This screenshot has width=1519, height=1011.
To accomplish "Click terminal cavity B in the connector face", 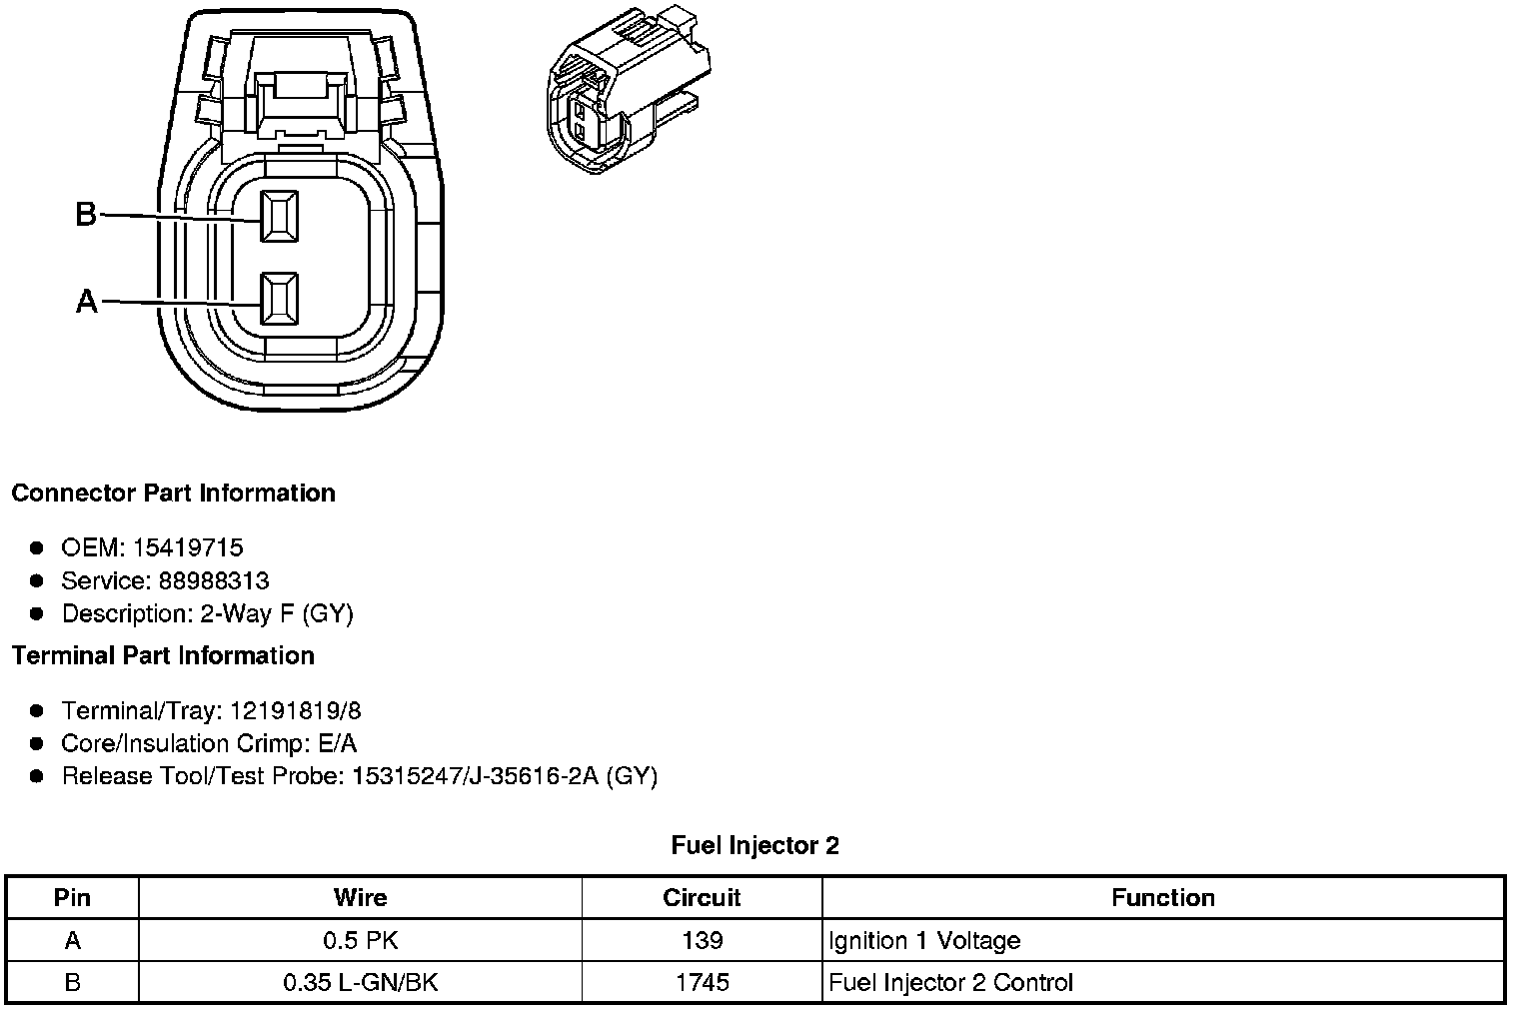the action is [279, 216].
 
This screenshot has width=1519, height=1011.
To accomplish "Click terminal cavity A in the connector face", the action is [279, 299].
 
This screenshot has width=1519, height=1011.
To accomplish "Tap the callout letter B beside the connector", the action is [86, 214].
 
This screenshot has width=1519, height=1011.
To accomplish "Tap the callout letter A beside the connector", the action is [87, 301].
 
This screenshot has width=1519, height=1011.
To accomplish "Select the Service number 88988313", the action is [214, 580].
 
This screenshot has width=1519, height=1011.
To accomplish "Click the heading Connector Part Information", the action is [173, 494].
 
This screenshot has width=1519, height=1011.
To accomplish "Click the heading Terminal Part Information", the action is [163, 656].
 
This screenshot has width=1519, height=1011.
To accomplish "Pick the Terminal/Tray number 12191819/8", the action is [295, 711].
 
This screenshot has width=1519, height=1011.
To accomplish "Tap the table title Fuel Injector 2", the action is [755, 846].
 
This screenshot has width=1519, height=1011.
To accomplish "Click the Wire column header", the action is [360, 898].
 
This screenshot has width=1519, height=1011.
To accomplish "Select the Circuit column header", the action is [702, 898].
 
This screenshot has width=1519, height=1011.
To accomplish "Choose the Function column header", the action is [1162, 898].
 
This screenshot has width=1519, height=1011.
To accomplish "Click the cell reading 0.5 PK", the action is [360, 941].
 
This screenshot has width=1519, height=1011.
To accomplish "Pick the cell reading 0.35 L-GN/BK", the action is [360, 983].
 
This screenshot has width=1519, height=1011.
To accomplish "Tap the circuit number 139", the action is [702, 941].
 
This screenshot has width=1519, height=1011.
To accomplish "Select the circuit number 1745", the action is [702, 983].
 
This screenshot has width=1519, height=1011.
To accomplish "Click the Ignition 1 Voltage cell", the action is [924, 941].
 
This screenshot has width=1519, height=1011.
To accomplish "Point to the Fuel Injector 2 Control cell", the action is [950, 983].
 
